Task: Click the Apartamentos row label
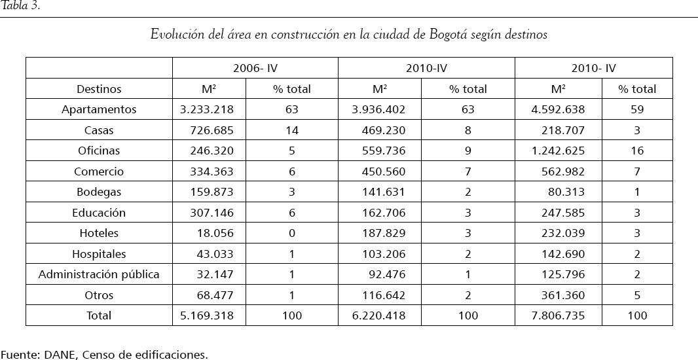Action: (x=99, y=109)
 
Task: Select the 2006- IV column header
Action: (x=255, y=68)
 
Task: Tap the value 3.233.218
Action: (x=206, y=109)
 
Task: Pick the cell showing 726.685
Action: (x=211, y=130)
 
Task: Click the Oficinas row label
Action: (x=99, y=151)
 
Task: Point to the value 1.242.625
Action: (x=558, y=151)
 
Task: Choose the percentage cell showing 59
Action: (x=637, y=109)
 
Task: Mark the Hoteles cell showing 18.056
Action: (x=215, y=233)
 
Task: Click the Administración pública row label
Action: (x=99, y=274)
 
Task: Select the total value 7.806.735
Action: (x=558, y=315)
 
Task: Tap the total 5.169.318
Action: (x=206, y=315)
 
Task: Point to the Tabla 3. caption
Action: (x=21, y=7)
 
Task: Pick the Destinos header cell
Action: (x=99, y=89)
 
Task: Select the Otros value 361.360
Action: (x=562, y=295)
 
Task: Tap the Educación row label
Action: (x=99, y=213)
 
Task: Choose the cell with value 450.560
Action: (x=384, y=171)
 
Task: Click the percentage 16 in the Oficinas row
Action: (x=637, y=151)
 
